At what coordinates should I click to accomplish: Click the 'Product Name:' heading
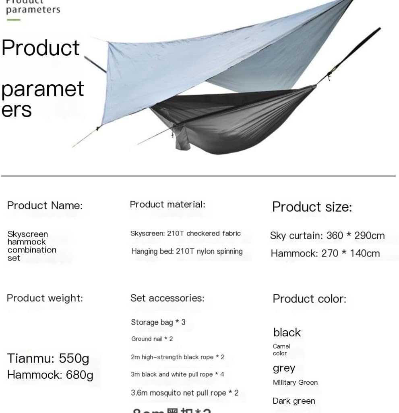(45, 205)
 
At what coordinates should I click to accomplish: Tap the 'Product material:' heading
(167, 204)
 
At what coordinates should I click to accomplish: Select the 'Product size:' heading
(312, 207)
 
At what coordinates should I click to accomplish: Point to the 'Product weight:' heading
(45, 298)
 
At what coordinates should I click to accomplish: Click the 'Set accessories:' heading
(167, 298)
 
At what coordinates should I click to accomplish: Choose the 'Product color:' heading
(309, 299)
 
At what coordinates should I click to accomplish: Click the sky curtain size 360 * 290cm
(327, 236)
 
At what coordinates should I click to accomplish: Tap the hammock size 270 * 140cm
(325, 253)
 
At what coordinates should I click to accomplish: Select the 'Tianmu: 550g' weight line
(48, 358)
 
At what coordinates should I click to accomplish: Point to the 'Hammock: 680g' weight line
(50, 375)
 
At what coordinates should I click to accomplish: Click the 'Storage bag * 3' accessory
(158, 322)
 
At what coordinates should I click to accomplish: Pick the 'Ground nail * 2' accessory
(152, 339)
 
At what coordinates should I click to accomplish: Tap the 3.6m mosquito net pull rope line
(184, 392)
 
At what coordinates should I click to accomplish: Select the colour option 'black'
(287, 332)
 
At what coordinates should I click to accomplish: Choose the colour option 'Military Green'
(295, 382)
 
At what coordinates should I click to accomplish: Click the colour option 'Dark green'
(294, 401)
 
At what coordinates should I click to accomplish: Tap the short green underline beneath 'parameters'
(13, 19)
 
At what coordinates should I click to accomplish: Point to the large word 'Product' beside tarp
(41, 48)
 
